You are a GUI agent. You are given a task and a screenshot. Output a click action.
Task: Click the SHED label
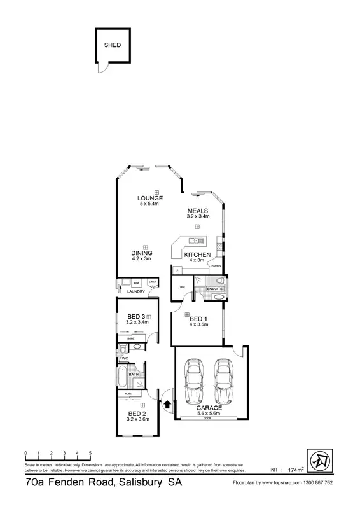pyautogui.click(x=113, y=45)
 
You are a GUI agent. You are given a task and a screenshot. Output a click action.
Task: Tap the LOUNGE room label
pyautogui.click(x=150, y=198)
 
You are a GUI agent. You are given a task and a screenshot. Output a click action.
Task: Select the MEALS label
pyautogui.click(x=197, y=211)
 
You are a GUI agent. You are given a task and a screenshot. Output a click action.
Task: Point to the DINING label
pyautogui.click(x=141, y=253)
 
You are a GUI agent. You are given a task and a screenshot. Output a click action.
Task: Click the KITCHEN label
pyautogui.click(x=197, y=254)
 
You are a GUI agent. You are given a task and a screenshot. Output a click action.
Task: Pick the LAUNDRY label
pyautogui.click(x=136, y=291)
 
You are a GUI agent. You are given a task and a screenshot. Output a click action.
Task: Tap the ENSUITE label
pyautogui.click(x=215, y=289)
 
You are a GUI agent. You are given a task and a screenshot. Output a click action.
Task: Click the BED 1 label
pyautogui.click(x=198, y=319)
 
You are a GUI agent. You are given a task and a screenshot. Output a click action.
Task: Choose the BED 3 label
pyautogui.click(x=137, y=316)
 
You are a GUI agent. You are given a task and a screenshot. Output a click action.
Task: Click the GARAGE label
pyautogui.click(x=209, y=407)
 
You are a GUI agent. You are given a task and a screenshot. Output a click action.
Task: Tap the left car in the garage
pyautogui.click(x=193, y=381)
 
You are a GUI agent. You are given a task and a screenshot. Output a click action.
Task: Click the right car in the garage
pyautogui.click(x=222, y=381)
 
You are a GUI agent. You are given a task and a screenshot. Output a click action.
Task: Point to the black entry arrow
pyautogui.click(x=166, y=403)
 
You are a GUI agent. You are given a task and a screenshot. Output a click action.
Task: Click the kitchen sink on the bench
pyautogui.click(x=195, y=241)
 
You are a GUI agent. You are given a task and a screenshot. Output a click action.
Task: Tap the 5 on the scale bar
pyautogui.click(x=90, y=453)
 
